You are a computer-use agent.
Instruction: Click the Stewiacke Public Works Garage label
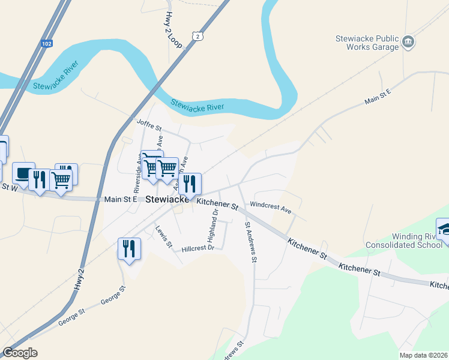[367, 43]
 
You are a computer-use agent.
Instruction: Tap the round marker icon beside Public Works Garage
[409, 41]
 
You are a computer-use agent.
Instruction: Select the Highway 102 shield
[47, 43]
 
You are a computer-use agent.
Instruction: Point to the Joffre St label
[149, 125]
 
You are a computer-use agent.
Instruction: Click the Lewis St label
[164, 237]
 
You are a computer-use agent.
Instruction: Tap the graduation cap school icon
[445, 230]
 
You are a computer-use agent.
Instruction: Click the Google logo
[20, 353]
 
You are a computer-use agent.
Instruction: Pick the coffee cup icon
[23, 173]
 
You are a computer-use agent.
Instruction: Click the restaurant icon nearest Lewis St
[130, 247]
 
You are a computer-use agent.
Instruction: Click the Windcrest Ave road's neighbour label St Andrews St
[250, 242]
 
